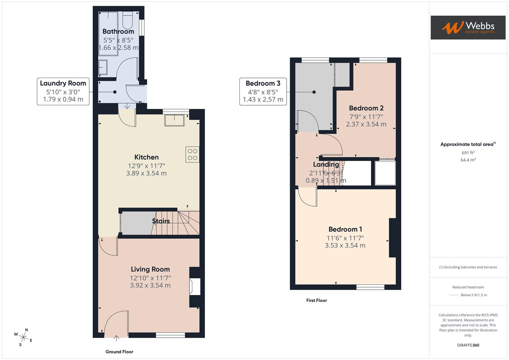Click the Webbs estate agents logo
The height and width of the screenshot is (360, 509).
468,27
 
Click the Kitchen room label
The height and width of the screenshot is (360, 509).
146,157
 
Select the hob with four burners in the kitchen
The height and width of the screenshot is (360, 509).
193,155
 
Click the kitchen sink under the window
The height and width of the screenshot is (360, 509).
174,120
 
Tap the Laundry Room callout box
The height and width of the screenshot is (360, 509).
63,91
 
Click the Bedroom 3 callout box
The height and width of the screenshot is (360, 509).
263,91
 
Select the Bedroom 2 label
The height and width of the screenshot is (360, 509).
366,108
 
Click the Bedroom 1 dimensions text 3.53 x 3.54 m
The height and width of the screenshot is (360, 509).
345,246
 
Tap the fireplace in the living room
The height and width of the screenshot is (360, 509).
195,287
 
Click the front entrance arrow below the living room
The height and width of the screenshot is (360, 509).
116,339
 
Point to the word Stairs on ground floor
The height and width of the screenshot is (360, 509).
161,221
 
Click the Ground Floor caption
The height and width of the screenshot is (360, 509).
119,352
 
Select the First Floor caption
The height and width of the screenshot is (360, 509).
316,300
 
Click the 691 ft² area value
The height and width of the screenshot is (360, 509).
468,153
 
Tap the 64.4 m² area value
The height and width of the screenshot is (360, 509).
468,160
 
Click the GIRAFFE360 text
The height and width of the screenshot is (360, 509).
468,345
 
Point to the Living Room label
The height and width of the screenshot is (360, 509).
150,269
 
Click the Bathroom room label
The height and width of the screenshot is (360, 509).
118,31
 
